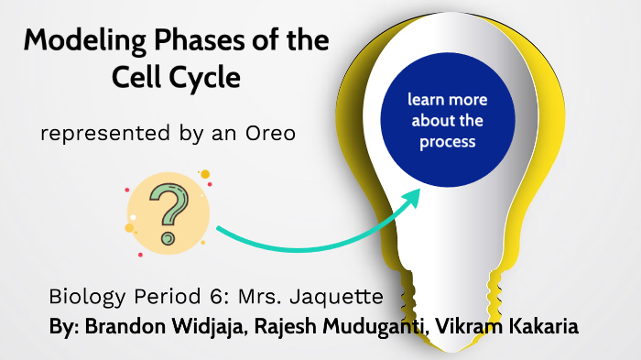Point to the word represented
click(98, 135)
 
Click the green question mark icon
click(168, 212)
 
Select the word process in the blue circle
click(447, 142)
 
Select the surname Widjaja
click(213, 326)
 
